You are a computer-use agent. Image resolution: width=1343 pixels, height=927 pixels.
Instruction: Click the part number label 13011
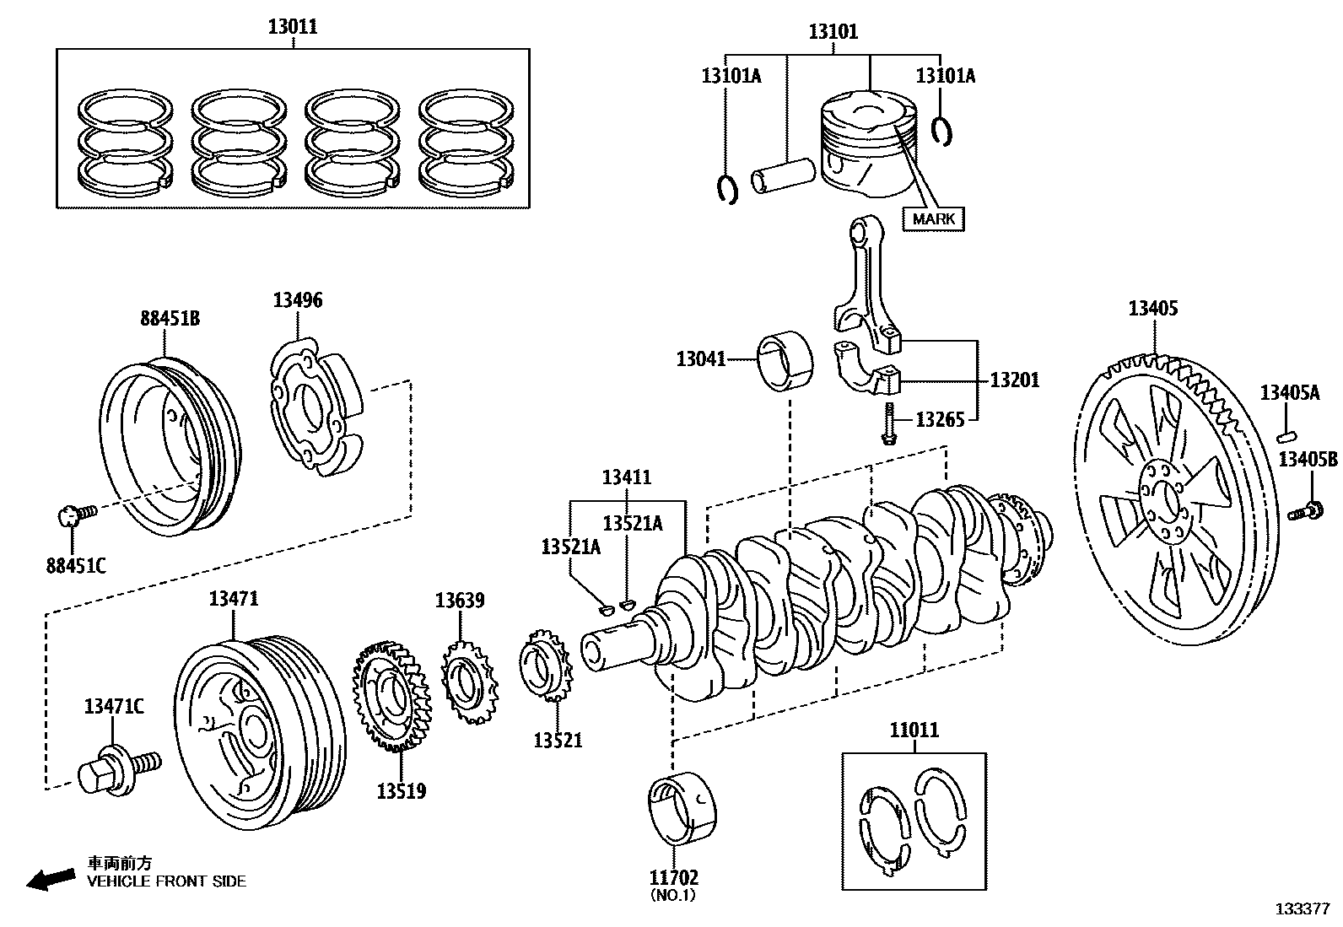click(x=293, y=26)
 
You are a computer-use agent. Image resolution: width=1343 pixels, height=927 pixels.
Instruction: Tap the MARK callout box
click(x=934, y=218)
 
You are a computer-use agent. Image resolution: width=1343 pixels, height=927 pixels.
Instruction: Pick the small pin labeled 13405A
click(x=1286, y=435)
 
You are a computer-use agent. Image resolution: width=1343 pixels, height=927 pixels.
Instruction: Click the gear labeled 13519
click(x=390, y=697)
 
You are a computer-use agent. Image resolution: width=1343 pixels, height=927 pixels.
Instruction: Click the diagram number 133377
click(x=1303, y=909)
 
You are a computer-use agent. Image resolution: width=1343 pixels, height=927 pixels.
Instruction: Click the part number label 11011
click(x=914, y=730)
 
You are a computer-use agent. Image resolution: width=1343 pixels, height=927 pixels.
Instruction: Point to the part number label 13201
click(x=1014, y=380)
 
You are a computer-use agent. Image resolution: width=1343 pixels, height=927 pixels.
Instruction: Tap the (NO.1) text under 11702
click(x=672, y=896)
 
